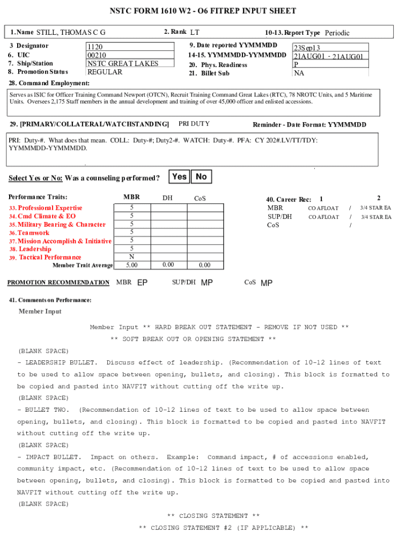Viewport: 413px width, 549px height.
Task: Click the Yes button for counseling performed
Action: (180, 176)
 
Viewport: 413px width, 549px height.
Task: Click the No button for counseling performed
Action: (201, 176)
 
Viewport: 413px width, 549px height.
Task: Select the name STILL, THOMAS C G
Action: (71, 33)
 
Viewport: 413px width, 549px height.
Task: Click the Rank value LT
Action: (195, 33)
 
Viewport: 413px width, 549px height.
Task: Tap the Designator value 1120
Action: (95, 47)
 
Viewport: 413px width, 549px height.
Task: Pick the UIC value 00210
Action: (97, 55)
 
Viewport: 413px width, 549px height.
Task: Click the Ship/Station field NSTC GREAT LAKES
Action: (123, 63)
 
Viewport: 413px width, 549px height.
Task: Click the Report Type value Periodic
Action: (337, 33)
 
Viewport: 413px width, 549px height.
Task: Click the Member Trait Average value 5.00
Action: (131, 265)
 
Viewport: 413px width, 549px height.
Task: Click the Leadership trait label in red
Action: (35, 249)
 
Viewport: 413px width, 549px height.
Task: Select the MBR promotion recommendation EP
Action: (143, 283)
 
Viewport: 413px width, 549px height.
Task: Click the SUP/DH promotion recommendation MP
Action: (206, 283)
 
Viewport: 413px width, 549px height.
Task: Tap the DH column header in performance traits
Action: (167, 198)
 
